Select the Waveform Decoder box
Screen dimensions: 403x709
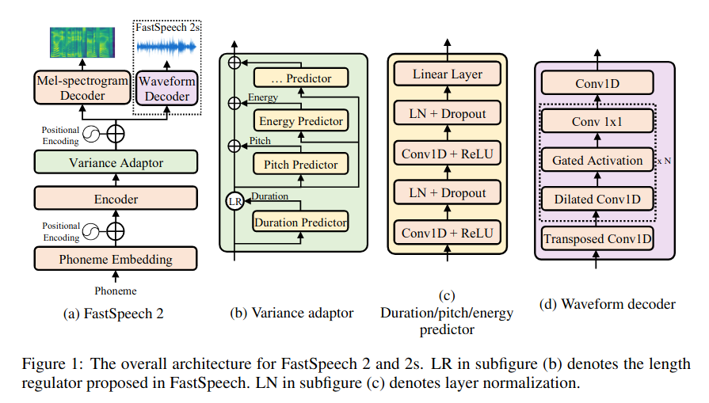pyautogui.click(x=167, y=88)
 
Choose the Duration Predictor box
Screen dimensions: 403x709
pyautogui.click(x=300, y=222)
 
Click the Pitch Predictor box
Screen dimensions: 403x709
pyautogui.click(x=295, y=165)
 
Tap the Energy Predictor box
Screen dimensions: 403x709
pyautogui.click(x=301, y=121)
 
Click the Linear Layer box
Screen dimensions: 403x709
pyautogui.click(x=447, y=74)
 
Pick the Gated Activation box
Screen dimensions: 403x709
pyautogui.click(x=597, y=161)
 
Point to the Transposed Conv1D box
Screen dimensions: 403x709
pyautogui.click(x=597, y=238)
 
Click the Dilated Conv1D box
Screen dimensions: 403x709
pyautogui.click(x=597, y=200)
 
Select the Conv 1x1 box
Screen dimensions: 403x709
pyautogui.click(x=597, y=122)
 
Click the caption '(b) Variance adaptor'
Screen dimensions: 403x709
pyautogui.click(x=292, y=313)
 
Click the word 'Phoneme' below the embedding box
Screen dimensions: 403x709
pyautogui.click(x=116, y=291)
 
